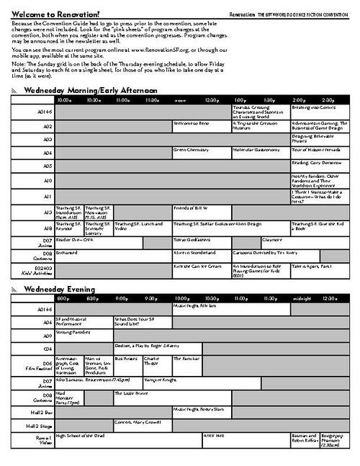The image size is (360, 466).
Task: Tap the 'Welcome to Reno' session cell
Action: point(191,122)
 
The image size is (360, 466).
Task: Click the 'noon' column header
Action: point(180,99)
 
